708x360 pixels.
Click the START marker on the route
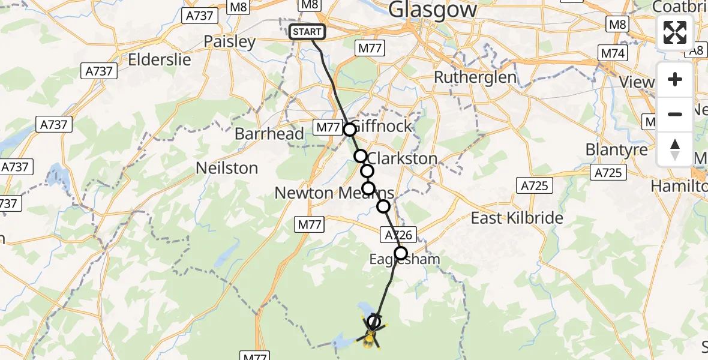(x=307, y=32)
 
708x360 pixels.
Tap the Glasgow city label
(x=433, y=10)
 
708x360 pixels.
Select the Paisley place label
(x=230, y=42)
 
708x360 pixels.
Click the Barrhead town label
(x=269, y=134)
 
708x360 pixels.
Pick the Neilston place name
(x=227, y=169)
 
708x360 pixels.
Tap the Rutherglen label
(x=475, y=77)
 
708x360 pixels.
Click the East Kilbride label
(x=517, y=218)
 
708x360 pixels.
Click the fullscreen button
(x=675, y=32)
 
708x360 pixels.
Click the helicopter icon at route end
(x=371, y=336)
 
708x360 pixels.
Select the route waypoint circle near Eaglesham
(x=401, y=253)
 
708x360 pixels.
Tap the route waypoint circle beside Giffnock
(x=350, y=129)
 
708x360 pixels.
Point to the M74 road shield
(x=613, y=54)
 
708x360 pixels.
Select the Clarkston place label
(x=401, y=158)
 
